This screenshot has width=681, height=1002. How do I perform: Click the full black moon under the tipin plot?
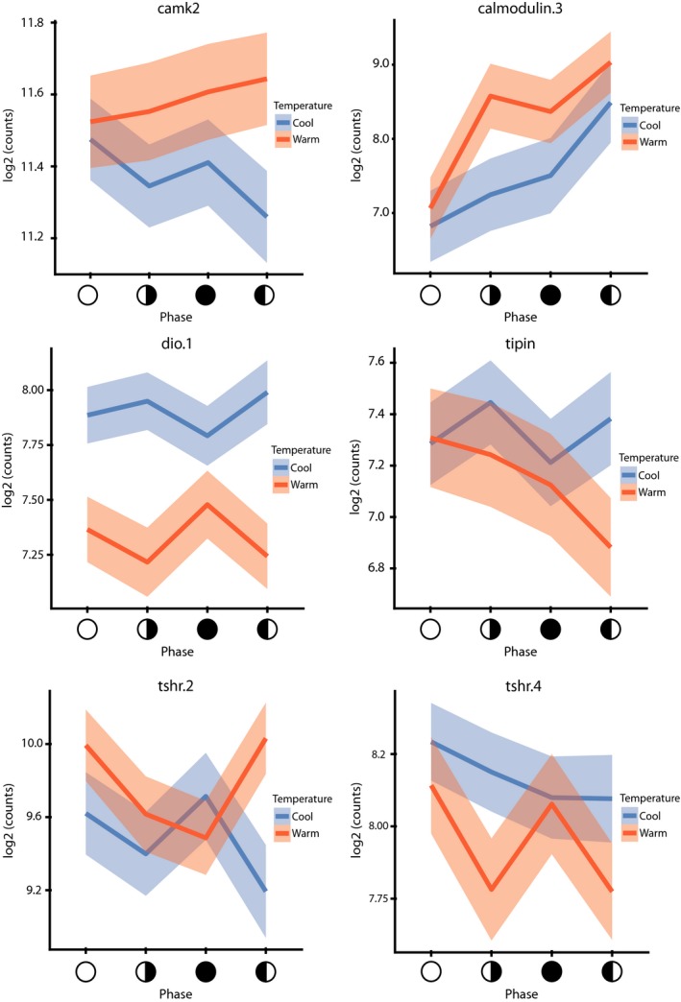tap(550, 629)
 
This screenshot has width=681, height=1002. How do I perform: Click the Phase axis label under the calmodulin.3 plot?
tap(521, 316)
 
